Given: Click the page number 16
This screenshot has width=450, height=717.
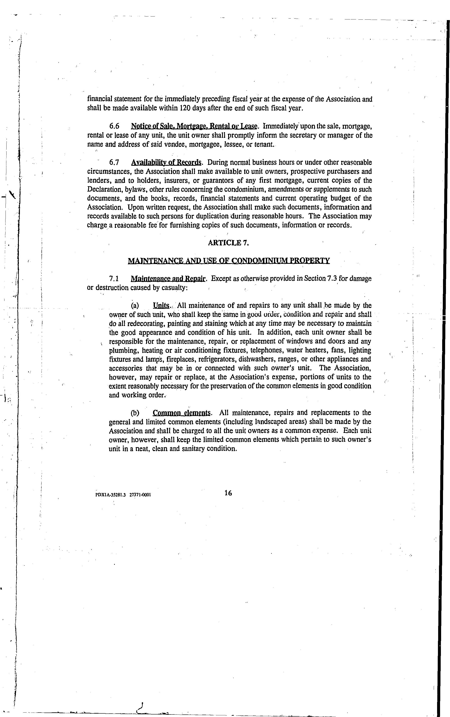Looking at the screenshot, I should [x=228, y=493].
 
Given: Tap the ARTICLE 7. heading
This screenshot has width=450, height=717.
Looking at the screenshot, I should [x=228, y=243].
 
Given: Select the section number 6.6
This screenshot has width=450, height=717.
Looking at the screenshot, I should [x=115, y=126].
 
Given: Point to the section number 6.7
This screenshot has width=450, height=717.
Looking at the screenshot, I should [x=114, y=163].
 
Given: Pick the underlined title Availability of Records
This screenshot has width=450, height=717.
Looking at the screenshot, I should [x=166, y=163].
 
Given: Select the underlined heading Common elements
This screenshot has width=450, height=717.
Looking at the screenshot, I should [x=182, y=413].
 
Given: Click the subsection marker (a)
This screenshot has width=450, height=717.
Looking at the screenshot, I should [x=135, y=305].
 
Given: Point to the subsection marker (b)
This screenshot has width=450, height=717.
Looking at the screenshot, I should [x=135, y=413].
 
